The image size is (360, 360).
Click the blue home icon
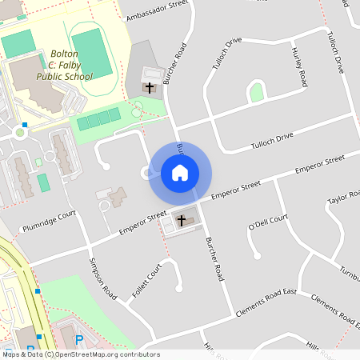click(180, 172)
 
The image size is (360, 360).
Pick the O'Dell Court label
click(268, 221)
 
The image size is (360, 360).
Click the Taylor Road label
click(345, 201)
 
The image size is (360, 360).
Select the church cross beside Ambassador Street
click(150, 86)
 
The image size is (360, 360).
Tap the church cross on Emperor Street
click(181, 220)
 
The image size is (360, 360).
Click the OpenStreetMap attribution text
click(80, 354)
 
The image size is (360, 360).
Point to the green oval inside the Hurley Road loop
click(256, 92)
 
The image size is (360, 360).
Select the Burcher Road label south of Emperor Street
click(213, 257)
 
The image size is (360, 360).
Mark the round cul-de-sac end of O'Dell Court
click(258, 256)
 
